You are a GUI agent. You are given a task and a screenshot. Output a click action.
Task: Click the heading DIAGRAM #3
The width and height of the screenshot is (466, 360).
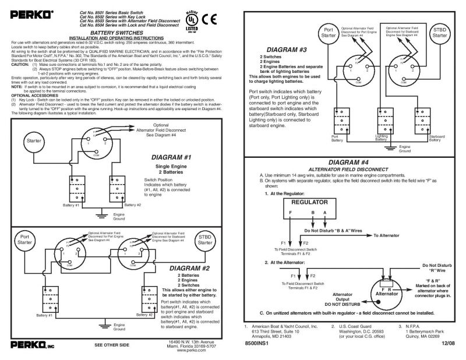(x=287, y=50)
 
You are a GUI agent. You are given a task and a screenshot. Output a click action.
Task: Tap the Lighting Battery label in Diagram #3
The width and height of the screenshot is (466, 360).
(x=381, y=137)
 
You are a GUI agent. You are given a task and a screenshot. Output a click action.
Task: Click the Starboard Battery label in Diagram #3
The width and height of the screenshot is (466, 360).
(x=436, y=137)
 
